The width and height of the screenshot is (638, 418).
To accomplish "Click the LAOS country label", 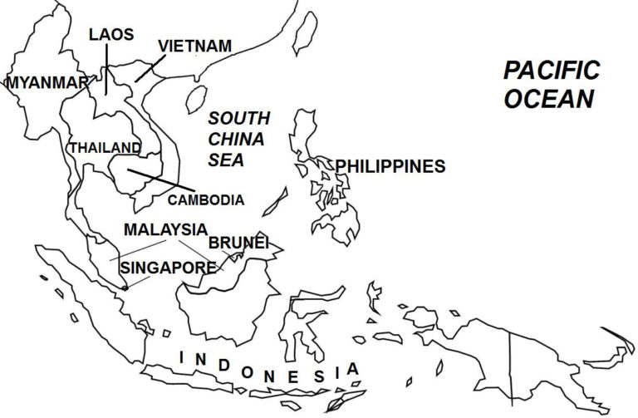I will click(x=110, y=34).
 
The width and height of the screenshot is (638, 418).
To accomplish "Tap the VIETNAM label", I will click(x=194, y=46).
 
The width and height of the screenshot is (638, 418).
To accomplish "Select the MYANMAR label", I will click(x=47, y=82).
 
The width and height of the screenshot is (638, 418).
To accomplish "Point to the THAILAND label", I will click(x=105, y=147).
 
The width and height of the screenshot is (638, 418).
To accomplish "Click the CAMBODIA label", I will click(x=206, y=200).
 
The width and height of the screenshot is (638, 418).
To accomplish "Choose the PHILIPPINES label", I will click(x=390, y=166).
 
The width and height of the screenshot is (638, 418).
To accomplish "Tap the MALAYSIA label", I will click(x=165, y=229).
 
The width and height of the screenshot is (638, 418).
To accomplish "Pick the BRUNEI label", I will click(x=238, y=243).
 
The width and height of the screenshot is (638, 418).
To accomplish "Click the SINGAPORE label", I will click(x=169, y=268).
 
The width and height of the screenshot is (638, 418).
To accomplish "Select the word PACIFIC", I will click(x=552, y=71).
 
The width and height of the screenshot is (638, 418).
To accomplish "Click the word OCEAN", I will click(x=549, y=99).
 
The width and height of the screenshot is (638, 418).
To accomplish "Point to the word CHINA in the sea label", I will click(x=236, y=139).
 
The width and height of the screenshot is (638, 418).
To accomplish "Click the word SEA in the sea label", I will click(x=227, y=160).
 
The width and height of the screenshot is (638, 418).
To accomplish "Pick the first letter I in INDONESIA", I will click(x=183, y=357).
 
